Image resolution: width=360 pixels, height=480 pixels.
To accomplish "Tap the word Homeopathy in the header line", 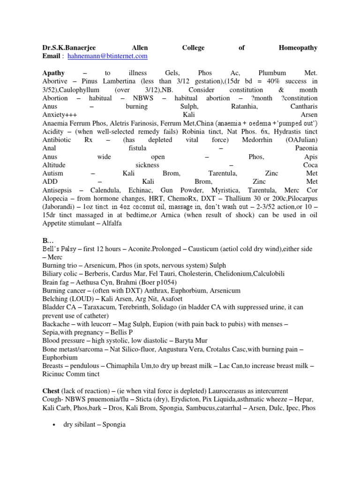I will point(298,47).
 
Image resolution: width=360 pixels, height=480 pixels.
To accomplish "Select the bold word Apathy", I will point(53,73).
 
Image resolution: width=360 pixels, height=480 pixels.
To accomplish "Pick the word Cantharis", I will point(302,106).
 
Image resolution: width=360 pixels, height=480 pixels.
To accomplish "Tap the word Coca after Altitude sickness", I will point(310,165).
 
